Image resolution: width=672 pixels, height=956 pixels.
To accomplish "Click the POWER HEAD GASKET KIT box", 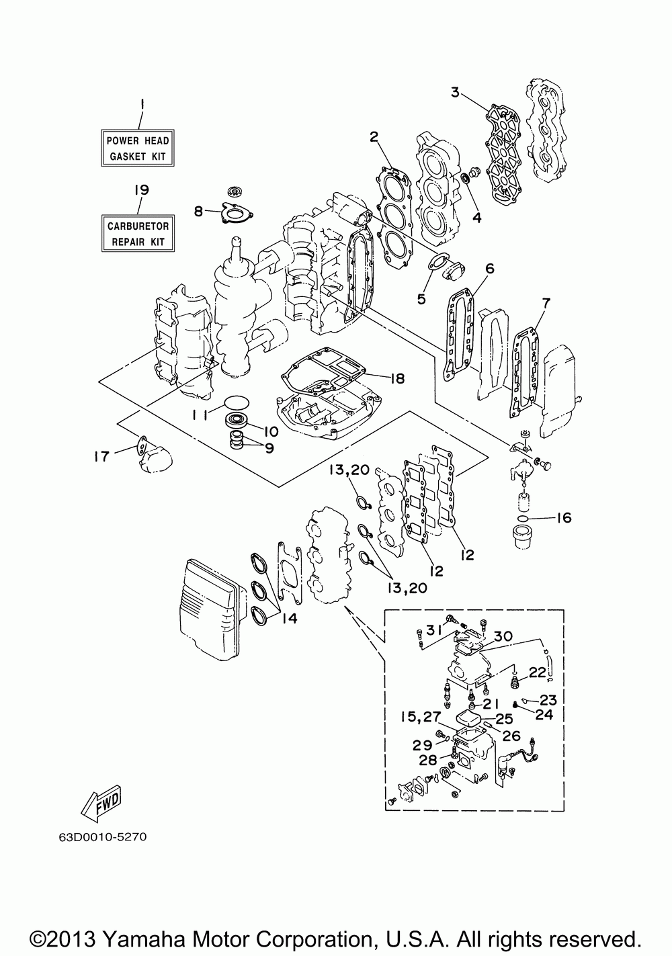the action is pos(138,148).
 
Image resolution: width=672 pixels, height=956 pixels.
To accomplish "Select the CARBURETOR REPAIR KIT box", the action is pos(138,233).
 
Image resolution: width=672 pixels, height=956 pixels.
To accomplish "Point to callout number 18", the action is pos(397,378).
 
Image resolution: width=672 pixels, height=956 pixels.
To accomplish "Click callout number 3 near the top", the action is pos(455,92).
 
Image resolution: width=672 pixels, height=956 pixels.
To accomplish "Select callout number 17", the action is pos(102,457).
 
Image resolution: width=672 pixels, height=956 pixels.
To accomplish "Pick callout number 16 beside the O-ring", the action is pos(564,518).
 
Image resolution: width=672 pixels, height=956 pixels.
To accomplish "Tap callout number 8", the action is pos(198,211).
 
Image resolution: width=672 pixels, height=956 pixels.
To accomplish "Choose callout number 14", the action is pos(290,619).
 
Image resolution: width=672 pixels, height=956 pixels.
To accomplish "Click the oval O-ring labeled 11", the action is pos(237,402).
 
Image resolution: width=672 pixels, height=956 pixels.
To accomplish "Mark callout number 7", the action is pos(546,304).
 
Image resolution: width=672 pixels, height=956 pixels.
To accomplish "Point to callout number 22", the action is pos(537,672).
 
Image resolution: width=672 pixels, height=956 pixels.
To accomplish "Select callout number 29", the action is pos(422,745).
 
